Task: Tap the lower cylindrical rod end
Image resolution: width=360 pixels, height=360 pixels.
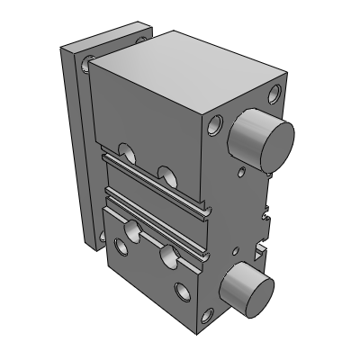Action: pyautogui.click(x=245, y=285)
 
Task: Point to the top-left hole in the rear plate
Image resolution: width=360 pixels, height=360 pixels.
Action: pyautogui.click(x=87, y=62)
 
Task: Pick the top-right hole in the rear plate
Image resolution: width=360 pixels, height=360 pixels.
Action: pyautogui.click(x=141, y=39)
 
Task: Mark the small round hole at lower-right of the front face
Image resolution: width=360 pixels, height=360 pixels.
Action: pyautogui.click(x=184, y=292)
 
